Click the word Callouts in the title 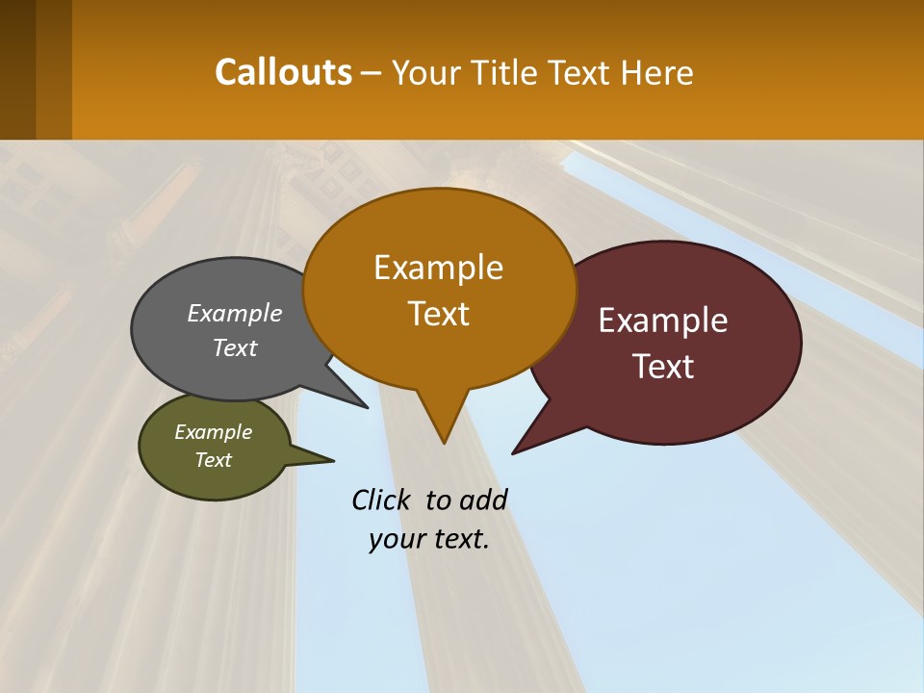(283, 72)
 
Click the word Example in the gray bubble (235, 313)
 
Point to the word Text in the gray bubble (235, 347)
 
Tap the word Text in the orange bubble (439, 314)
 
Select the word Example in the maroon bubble (663, 321)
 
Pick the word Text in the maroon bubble (663, 367)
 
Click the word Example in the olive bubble (213, 432)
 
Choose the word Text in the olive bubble (213, 460)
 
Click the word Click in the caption (380, 500)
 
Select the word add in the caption (482, 500)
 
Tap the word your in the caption (397, 539)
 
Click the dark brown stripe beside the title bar (17, 69)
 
